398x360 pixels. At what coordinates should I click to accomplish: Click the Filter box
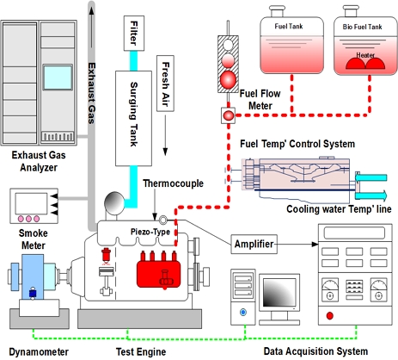pos(134,34)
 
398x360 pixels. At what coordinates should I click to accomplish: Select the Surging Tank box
pos(133,119)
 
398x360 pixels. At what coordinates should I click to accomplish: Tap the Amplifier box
pos(254,244)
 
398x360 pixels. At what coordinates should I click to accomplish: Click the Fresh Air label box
pos(165,84)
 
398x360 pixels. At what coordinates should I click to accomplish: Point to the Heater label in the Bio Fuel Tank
pos(365,55)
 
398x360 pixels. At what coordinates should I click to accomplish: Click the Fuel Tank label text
pos(289,27)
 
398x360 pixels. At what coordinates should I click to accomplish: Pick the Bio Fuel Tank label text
pos(362,27)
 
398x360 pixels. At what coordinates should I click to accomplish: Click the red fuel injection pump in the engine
pos(158,270)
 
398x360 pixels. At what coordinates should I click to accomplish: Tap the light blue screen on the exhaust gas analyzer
pos(58,78)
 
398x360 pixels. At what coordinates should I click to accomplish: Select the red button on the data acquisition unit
pos(330,316)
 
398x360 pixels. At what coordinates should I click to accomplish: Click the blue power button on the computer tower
pos(243,312)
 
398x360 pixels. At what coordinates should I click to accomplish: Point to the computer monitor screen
pos(279,293)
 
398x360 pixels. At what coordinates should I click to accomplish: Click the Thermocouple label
pos(173,183)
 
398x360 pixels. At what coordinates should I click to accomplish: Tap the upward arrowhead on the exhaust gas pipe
pos(91,10)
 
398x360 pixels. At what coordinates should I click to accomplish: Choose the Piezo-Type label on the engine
pos(150,232)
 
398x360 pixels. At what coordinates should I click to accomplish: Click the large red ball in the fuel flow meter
pos(228,79)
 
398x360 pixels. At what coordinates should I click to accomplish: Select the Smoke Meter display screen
pos(31,203)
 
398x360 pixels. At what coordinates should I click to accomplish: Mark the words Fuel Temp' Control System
pos(297,144)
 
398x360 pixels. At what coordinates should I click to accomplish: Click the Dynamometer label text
pos(39,352)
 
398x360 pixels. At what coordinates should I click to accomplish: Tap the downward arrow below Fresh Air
pos(165,135)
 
